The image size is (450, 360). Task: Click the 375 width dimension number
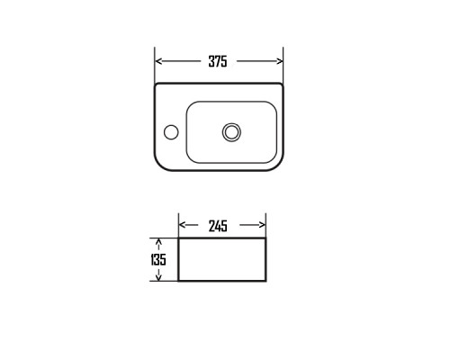coord(218,61)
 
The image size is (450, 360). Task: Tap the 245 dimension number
coord(218,226)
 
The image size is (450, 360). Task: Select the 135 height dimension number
coord(158,260)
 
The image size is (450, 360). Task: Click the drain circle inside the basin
coord(231,132)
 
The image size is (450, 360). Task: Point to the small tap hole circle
coord(171,132)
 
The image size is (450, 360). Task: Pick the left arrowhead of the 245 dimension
coord(182,225)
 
